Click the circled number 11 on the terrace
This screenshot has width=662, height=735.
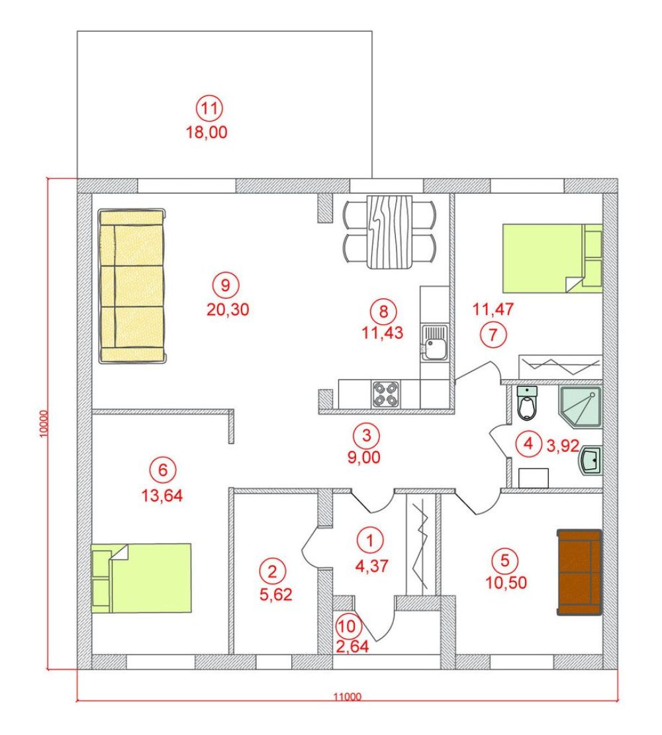209,108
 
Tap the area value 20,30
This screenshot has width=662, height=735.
228,310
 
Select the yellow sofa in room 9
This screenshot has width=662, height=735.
132,286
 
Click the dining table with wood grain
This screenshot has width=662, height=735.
389,232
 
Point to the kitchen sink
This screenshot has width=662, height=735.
434,343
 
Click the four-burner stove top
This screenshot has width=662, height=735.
386,394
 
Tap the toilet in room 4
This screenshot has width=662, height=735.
528,403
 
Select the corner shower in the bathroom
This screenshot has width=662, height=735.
580,406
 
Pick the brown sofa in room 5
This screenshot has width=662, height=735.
579,572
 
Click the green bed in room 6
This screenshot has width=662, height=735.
141,578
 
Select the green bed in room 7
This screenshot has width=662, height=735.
552,258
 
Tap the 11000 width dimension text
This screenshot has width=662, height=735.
348,697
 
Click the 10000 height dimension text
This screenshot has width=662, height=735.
44,424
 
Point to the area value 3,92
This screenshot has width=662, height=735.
563,445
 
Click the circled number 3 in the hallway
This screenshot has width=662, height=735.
366,435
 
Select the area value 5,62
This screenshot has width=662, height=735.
276,594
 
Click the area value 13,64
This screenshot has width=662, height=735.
162,496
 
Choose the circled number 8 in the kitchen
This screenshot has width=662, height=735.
383,311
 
